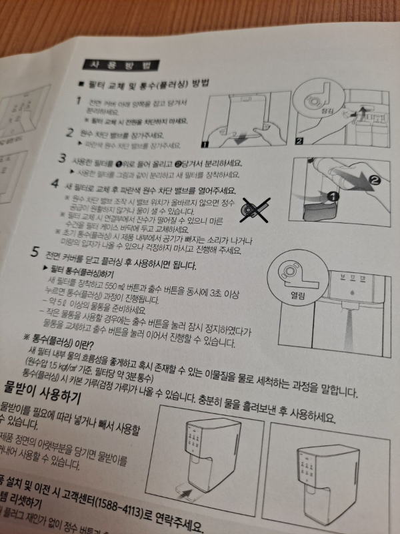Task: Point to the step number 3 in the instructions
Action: point(62,159)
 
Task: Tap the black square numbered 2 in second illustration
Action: point(299,141)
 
